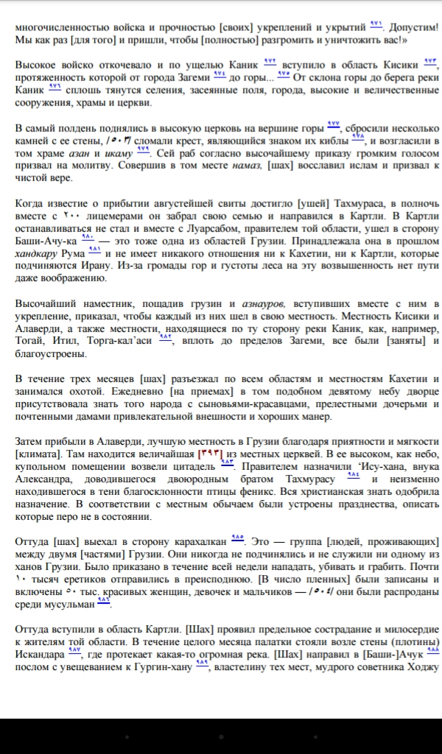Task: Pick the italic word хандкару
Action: (38, 254)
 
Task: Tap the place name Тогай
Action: (29, 342)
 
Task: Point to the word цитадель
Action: (194, 467)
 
